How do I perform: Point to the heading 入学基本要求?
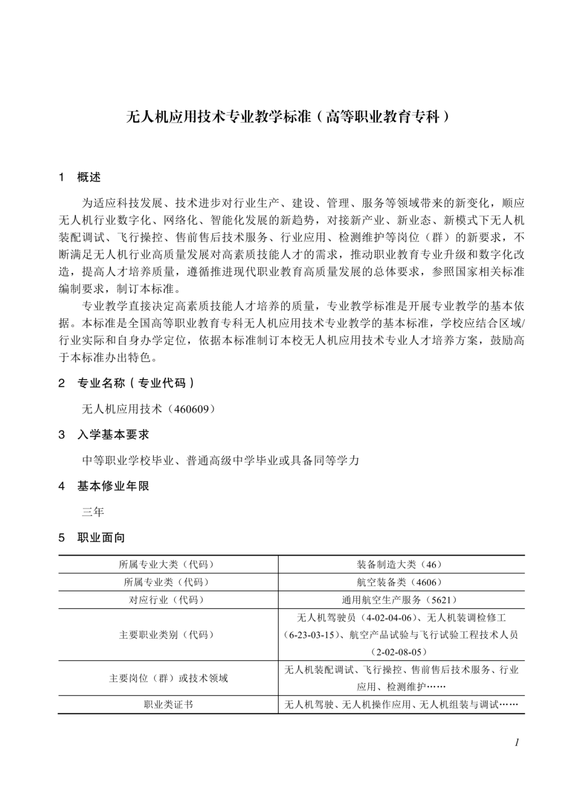pyautogui.click(x=113, y=434)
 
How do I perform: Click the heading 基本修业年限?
pyautogui.click(x=113, y=486)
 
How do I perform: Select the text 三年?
pyautogui.click(x=93, y=512)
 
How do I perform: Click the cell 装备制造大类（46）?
pyautogui.click(x=400, y=564)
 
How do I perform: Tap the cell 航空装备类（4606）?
pyautogui.click(x=400, y=582)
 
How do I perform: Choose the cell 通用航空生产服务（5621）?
pyautogui.click(x=400, y=600)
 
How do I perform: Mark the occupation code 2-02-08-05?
pyautogui.click(x=400, y=652)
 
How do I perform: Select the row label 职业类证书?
pyautogui.click(x=168, y=705)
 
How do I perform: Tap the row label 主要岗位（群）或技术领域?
pyautogui.click(x=168, y=678)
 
